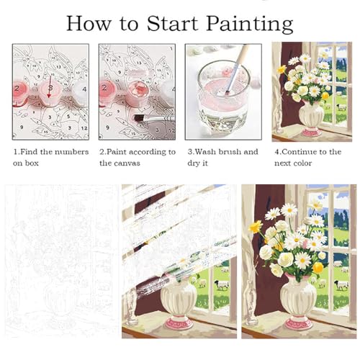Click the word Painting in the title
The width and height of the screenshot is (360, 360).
250,24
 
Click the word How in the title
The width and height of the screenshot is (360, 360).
89,24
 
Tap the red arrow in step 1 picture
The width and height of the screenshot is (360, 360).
50,87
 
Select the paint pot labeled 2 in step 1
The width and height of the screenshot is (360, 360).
19,92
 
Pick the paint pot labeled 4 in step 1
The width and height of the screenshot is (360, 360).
81,91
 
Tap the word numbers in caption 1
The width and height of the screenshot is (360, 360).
73,152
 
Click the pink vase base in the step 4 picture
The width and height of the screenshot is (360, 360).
311,132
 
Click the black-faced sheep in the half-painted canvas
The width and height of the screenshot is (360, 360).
222,285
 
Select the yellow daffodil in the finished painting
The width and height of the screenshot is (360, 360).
256,226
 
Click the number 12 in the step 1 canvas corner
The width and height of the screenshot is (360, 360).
84,128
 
